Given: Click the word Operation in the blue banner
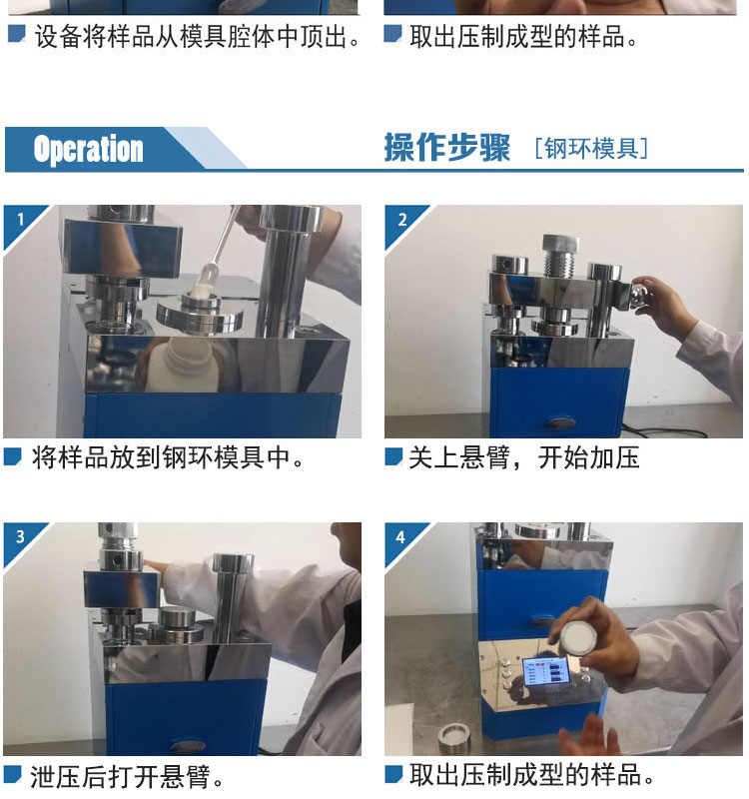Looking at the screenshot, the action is [88, 149].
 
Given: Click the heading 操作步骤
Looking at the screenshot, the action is [446, 148].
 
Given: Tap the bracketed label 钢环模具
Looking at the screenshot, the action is [591, 148].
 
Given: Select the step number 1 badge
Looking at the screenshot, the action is [20, 220].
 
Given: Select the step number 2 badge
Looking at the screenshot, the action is [402, 220].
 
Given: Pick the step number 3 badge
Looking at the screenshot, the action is [20, 536].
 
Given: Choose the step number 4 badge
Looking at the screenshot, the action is [401, 537].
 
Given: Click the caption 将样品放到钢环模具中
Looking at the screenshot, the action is [168, 457].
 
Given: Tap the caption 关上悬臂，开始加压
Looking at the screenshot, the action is [523, 457].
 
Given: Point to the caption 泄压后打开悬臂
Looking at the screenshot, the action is [127, 777].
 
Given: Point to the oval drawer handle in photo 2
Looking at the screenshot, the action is [562, 421].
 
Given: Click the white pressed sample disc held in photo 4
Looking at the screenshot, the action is [576, 636].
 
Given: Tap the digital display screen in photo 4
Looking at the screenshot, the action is [545, 671].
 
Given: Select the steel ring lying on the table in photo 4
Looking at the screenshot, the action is [454, 737].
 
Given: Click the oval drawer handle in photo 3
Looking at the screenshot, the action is [188, 746].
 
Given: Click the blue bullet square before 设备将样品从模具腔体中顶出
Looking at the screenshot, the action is [16, 34].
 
